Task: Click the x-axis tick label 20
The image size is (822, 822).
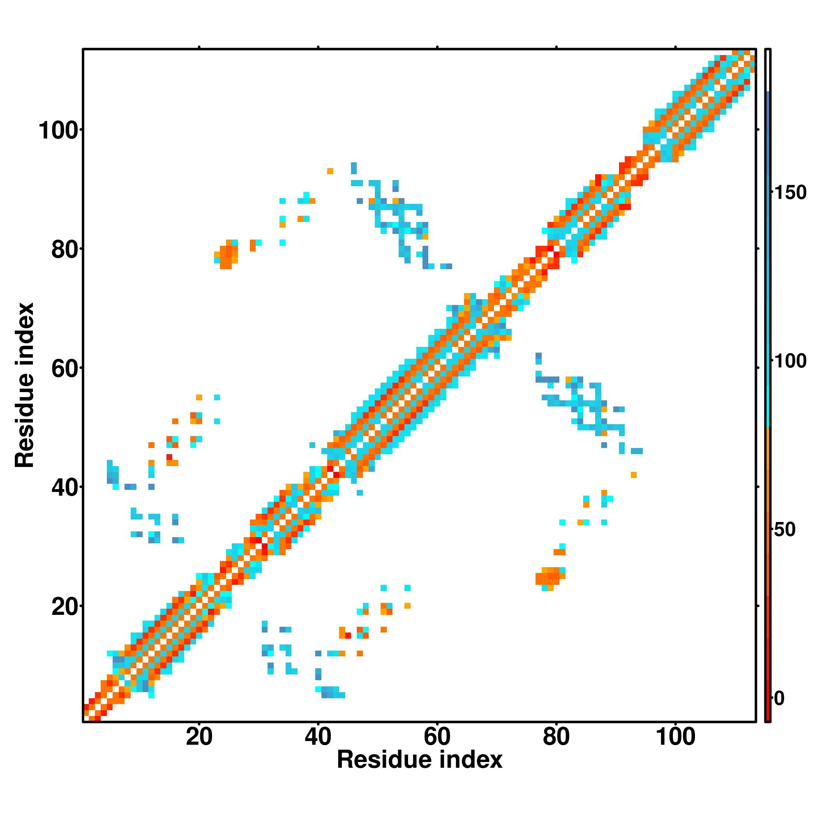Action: pyautogui.click(x=199, y=737)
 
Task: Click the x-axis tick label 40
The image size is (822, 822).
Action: pyautogui.click(x=318, y=737)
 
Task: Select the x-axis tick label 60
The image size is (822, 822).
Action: pyautogui.click(x=437, y=737)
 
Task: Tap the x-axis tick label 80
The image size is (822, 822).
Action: pyautogui.click(x=556, y=737)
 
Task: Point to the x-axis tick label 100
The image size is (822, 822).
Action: pyautogui.click(x=675, y=737)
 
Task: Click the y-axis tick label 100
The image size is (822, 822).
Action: pyautogui.click(x=59, y=130)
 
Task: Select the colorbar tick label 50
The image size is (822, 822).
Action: pyautogui.click(x=784, y=530)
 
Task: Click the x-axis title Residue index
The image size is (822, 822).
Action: pyautogui.click(x=420, y=760)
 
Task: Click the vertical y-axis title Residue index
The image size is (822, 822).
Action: pyautogui.click(x=25, y=385)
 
